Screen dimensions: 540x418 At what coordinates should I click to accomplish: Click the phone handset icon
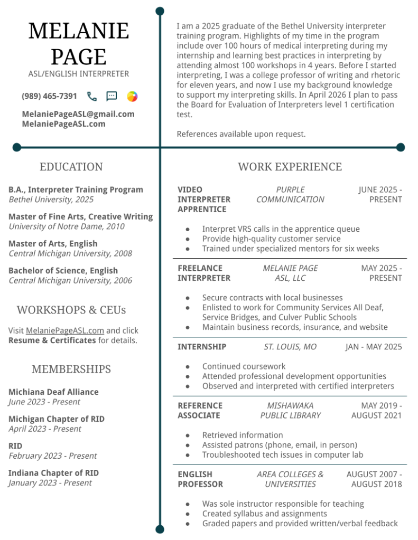point(92,96)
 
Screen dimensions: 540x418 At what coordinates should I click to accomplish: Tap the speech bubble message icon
point(112,96)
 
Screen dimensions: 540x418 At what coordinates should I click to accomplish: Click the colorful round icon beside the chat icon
point(132,96)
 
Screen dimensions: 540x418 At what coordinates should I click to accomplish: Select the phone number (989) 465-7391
point(49,96)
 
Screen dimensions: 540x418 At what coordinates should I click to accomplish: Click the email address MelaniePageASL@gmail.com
point(78,114)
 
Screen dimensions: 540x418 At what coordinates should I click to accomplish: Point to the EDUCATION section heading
point(71,167)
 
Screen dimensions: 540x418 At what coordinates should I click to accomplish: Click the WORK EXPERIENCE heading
point(290,167)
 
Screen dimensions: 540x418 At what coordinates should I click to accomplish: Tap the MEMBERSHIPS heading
point(71,369)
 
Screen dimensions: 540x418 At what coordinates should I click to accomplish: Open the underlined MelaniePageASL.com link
point(65,330)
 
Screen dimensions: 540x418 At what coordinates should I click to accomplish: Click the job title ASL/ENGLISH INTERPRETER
point(79,74)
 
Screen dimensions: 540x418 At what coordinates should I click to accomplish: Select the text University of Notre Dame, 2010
point(67,226)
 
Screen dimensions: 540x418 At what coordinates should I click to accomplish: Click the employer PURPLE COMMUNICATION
point(290,194)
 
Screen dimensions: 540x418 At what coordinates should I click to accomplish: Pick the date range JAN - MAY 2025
point(374,347)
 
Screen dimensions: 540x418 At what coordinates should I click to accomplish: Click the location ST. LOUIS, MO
point(290,347)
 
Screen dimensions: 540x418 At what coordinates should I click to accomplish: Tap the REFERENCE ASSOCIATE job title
point(200,410)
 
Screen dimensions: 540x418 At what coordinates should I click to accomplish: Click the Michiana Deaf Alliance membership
point(53,392)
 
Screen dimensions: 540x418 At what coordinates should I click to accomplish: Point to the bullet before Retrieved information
point(188,435)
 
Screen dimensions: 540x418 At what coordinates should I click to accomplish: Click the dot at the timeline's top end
point(160,11)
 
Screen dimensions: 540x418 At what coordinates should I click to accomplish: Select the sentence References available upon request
point(241,134)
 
